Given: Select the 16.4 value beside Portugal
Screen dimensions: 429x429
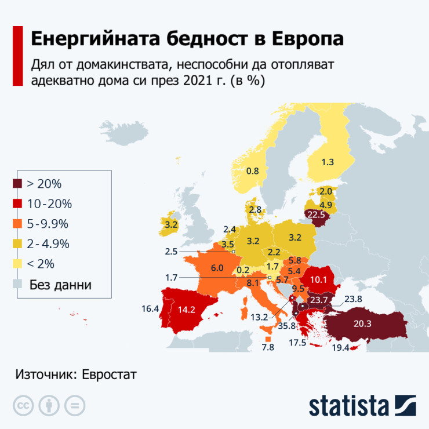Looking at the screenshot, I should (150, 309).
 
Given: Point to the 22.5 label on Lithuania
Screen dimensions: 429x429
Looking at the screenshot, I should (317, 215).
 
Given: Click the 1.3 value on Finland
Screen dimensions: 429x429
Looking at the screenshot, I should (328, 162).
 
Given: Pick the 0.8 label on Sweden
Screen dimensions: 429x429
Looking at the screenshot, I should (253, 171).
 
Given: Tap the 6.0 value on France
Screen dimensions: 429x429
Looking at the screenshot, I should (217, 268).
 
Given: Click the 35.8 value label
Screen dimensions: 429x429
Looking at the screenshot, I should (286, 326).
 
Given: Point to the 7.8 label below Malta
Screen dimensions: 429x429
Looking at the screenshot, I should (268, 347).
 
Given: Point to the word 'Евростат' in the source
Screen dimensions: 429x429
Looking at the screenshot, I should (110, 374).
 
